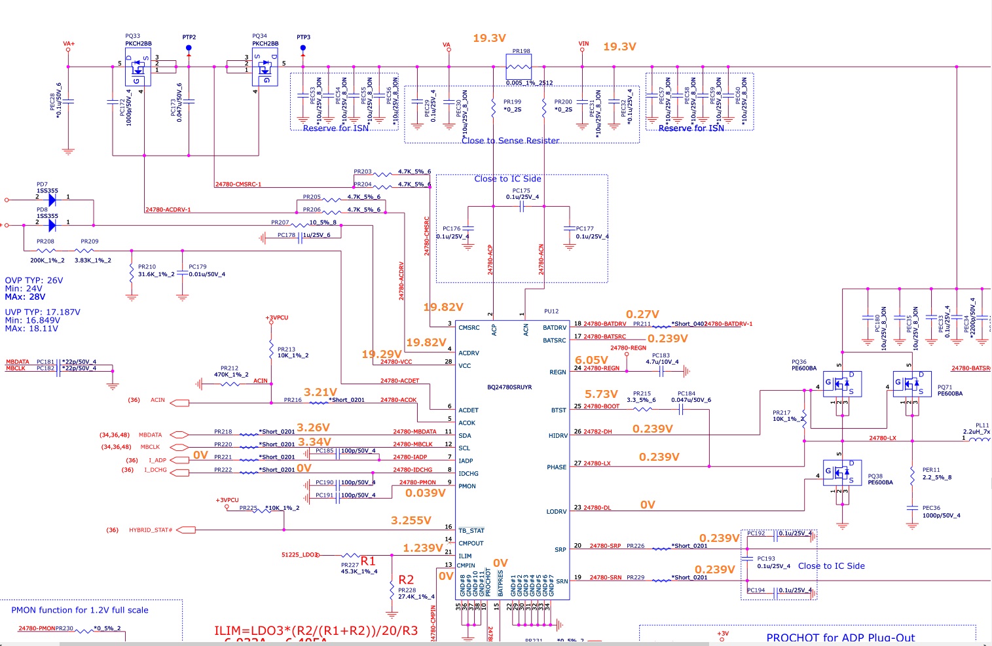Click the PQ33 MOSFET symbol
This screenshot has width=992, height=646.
click(x=138, y=67)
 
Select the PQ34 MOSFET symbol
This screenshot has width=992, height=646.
click(x=265, y=67)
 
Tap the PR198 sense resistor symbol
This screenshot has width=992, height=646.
click(x=519, y=67)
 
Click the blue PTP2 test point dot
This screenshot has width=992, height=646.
click(x=189, y=48)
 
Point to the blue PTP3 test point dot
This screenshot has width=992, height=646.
click(x=303, y=48)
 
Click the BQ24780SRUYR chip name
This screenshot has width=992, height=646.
click(x=509, y=387)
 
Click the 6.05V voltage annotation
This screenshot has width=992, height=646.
click(x=591, y=360)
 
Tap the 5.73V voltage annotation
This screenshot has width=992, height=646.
click(x=601, y=394)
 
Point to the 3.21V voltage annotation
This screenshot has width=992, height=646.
click(x=320, y=392)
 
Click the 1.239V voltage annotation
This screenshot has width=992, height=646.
click(x=423, y=548)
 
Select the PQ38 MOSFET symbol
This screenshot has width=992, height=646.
click(x=842, y=473)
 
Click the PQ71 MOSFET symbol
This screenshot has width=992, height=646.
click(x=912, y=384)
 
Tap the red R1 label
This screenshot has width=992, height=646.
click(x=368, y=561)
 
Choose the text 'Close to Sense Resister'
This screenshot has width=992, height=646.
click(x=510, y=141)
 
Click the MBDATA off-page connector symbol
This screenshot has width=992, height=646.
click(x=179, y=435)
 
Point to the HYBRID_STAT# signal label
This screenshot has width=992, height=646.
click(x=151, y=530)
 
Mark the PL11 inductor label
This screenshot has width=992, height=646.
click(x=982, y=425)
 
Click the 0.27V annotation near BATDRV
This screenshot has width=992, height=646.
click(x=642, y=315)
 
